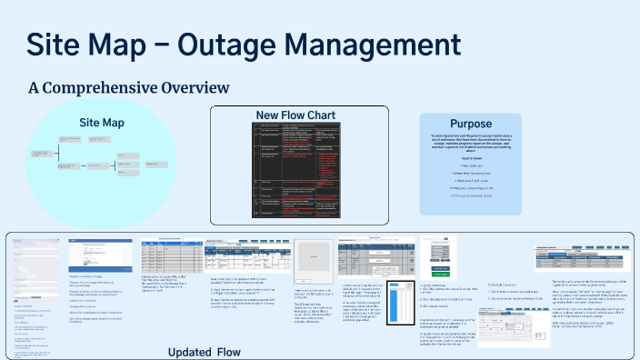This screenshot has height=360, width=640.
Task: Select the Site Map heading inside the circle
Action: pyautogui.click(x=101, y=122)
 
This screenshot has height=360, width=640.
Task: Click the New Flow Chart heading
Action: pyautogui.click(x=299, y=115)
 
